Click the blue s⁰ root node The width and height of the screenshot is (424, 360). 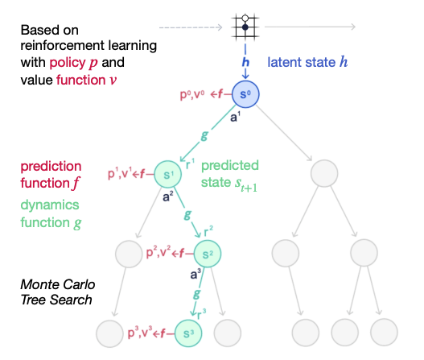(x=245, y=94)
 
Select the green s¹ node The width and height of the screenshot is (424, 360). (x=168, y=174)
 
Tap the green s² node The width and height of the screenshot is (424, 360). (x=208, y=254)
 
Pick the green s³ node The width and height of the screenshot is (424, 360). (x=188, y=333)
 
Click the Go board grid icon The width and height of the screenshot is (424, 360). (x=245, y=27)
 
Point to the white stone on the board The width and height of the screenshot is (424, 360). (x=245, y=19)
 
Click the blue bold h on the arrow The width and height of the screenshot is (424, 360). (x=245, y=62)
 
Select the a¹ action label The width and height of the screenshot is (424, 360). (x=235, y=117)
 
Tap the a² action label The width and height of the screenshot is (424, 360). (x=168, y=197)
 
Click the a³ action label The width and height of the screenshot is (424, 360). (x=196, y=274)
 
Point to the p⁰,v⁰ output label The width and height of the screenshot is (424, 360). (x=192, y=94)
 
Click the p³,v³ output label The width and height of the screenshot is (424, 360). (x=140, y=333)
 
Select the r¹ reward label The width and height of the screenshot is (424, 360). (x=191, y=164)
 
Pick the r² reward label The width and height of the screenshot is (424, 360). (x=208, y=231)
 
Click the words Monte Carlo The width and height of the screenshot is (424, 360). (x=58, y=284)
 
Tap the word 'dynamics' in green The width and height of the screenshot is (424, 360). (x=50, y=205)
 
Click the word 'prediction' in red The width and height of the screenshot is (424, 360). (x=51, y=166)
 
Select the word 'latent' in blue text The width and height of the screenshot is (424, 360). (x=284, y=62)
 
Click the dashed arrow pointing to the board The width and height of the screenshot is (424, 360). (x=191, y=27)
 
